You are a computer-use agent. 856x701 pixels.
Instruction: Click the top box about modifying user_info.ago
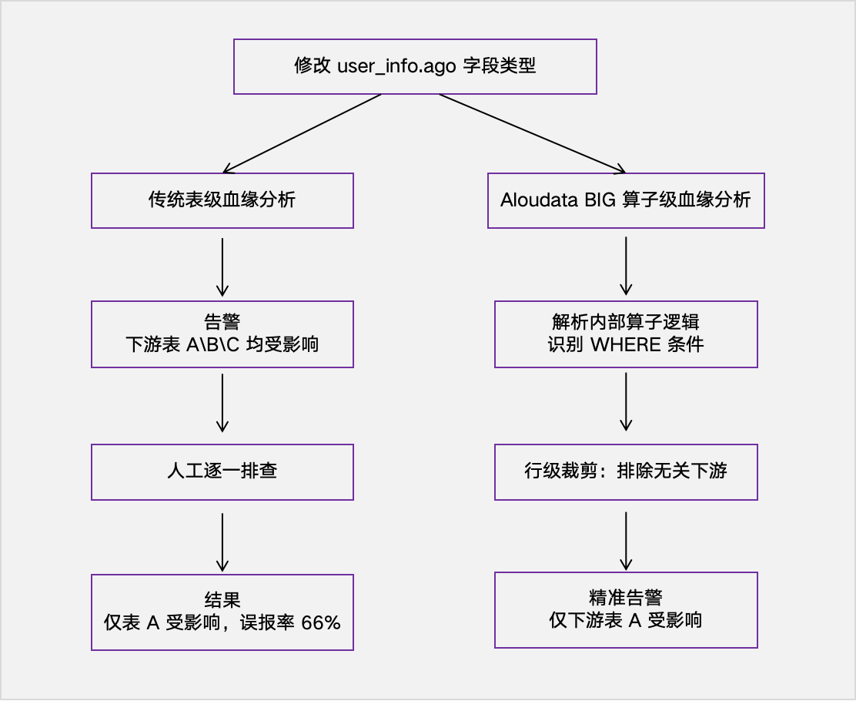[415, 66]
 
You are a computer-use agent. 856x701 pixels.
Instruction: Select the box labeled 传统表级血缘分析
[222, 200]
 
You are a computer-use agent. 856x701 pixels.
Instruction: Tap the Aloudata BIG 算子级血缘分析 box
[626, 200]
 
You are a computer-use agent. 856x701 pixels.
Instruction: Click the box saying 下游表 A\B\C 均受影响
[222, 334]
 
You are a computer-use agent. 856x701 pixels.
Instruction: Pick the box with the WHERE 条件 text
[626, 334]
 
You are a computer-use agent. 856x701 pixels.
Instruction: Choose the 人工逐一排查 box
[222, 471]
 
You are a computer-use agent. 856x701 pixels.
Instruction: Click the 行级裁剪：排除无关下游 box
[626, 471]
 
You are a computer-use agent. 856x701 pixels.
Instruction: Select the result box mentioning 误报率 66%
[222, 612]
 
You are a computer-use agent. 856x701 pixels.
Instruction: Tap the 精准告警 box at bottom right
[626, 609]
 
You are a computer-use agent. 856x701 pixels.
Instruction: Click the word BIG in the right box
[600, 200]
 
